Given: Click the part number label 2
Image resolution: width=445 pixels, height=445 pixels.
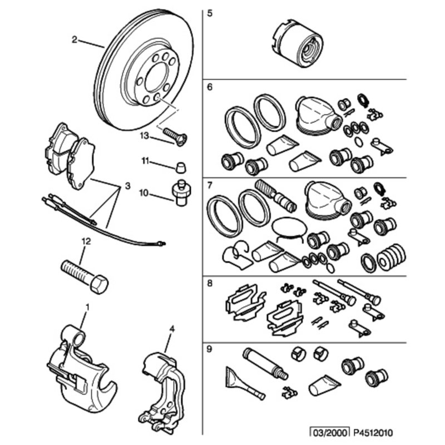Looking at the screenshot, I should (74, 39).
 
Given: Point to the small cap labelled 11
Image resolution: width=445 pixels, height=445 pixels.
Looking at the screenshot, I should (179, 166).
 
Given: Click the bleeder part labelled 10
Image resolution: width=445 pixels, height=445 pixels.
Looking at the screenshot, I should (180, 192).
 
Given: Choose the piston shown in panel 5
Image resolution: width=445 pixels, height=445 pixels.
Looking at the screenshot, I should (297, 45).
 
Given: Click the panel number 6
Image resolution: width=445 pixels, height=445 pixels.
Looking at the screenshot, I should (209, 87).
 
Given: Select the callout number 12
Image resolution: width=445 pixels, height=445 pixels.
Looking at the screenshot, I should (85, 241).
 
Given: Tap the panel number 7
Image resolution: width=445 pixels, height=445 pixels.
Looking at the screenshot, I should (209, 184).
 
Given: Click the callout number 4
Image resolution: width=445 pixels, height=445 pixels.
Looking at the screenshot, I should (172, 329).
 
